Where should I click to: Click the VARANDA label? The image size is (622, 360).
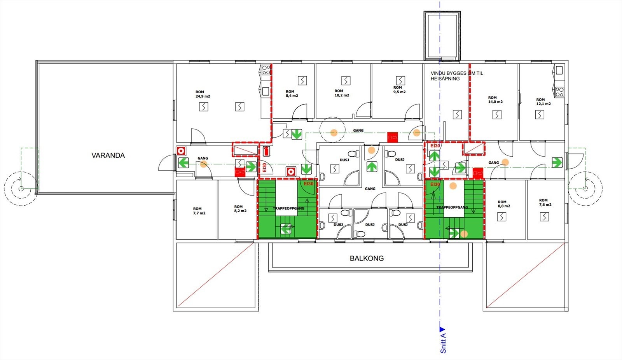(x=108, y=156)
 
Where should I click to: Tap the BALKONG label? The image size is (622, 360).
(x=367, y=259)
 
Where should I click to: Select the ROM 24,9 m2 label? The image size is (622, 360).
(x=203, y=94)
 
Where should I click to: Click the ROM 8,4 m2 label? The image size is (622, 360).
(x=292, y=94)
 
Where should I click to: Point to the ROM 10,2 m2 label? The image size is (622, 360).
(x=342, y=93)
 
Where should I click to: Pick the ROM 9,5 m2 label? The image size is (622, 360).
(x=399, y=90)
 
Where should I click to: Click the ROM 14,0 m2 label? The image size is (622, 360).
(x=495, y=100)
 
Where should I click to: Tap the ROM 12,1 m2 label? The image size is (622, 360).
(x=543, y=102)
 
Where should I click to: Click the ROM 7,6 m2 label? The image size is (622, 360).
(x=545, y=203)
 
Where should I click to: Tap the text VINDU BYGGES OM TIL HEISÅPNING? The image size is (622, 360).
(x=456, y=76)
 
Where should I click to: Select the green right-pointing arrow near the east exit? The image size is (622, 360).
(x=557, y=162)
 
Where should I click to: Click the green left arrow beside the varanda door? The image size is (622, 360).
(x=183, y=163)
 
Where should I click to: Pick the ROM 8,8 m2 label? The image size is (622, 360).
(x=504, y=204)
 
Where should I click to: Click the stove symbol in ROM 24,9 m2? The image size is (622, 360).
(x=266, y=70)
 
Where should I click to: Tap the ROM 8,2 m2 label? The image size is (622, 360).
(x=240, y=209)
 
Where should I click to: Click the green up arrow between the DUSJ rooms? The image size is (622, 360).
(x=372, y=167)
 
